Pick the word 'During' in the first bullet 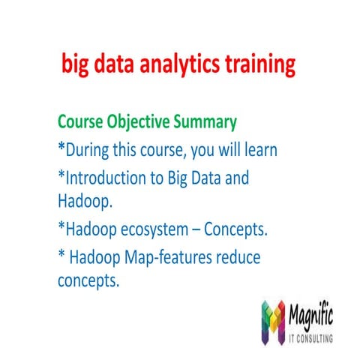click(89, 150)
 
